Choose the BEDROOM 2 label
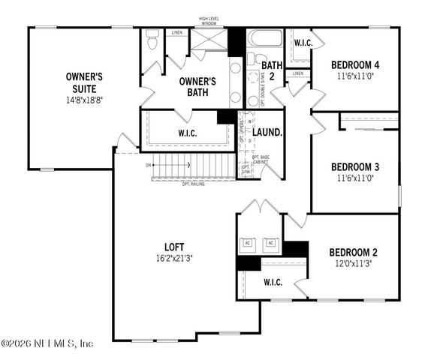pyautogui.click(x=351, y=253)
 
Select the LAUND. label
pyautogui.click(x=267, y=133)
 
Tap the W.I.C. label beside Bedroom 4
pyautogui.click(x=303, y=43)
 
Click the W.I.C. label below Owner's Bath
pyautogui.click(x=188, y=133)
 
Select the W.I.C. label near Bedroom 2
pyautogui.click(x=273, y=283)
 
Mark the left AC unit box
pyautogui.click(x=249, y=244)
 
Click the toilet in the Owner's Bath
pyautogui.click(x=152, y=40)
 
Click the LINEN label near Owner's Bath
pyautogui.click(x=176, y=33)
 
